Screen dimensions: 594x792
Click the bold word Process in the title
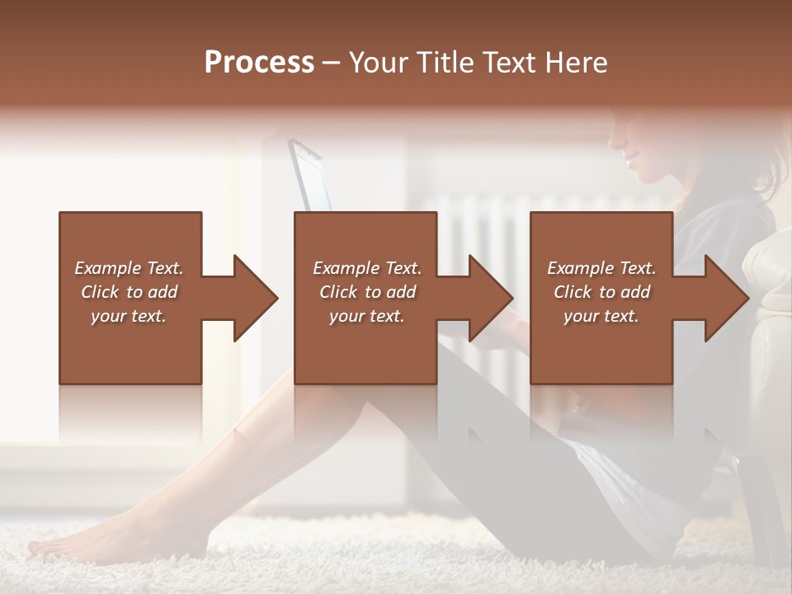click(259, 63)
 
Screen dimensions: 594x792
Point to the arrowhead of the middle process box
click(490, 298)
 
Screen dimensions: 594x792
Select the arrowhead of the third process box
click(726, 298)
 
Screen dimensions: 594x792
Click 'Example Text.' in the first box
click(129, 268)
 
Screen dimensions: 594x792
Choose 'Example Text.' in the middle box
click(367, 268)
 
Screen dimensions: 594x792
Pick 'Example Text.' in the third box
click(601, 268)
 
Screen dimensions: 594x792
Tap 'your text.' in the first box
click(129, 316)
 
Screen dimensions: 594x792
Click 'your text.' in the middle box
click(367, 316)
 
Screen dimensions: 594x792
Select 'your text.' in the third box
click(601, 316)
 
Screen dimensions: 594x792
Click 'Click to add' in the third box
click(601, 292)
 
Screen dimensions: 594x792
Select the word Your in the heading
click(379, 63)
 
